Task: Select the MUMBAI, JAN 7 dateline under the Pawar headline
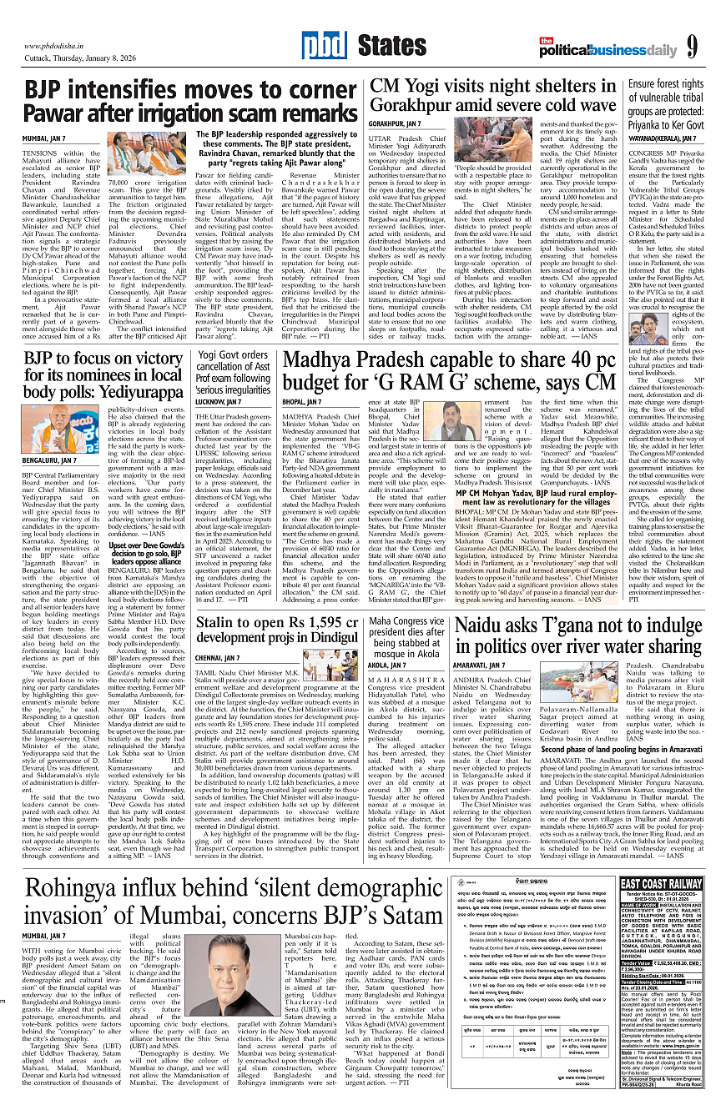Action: (x=46, y=137)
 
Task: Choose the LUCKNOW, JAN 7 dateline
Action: (x=222, y=401)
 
